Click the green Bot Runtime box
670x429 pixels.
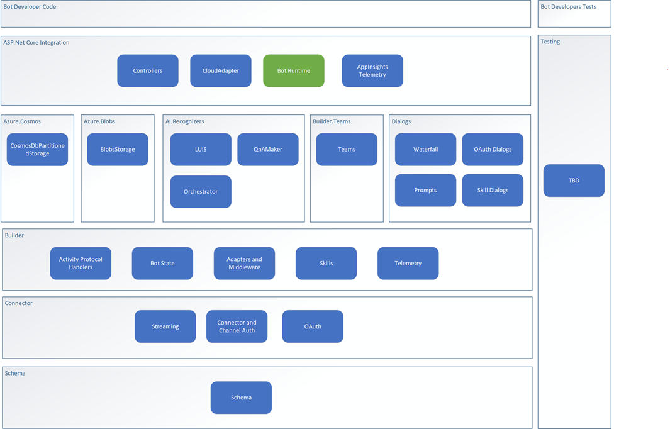pos(293,70)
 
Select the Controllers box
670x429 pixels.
pos(148,70)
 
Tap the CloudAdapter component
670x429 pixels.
pos(221,70)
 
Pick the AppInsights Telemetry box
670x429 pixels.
pos(372,70)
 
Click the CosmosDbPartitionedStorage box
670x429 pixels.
pos(37,150)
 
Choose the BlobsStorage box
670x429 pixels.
pos(118,150)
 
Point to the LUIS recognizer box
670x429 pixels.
pos(201,150)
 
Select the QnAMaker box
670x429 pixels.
pos(268,150)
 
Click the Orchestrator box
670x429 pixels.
pos(201,192)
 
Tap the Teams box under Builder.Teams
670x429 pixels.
pos(347,150)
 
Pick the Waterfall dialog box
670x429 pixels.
pos(425,150)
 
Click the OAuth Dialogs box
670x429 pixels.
pos(493,150)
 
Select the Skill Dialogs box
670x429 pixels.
pos(493,191)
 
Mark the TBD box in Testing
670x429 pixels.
pos(574,181)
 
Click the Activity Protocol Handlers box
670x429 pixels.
pos(81,264)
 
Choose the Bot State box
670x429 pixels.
pos(162,264)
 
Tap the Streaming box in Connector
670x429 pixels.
pos(165,326)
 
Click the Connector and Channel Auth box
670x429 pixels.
pos(237,326)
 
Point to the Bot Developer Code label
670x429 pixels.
pos(30,7)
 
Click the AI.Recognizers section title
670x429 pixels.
pos(184,121)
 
